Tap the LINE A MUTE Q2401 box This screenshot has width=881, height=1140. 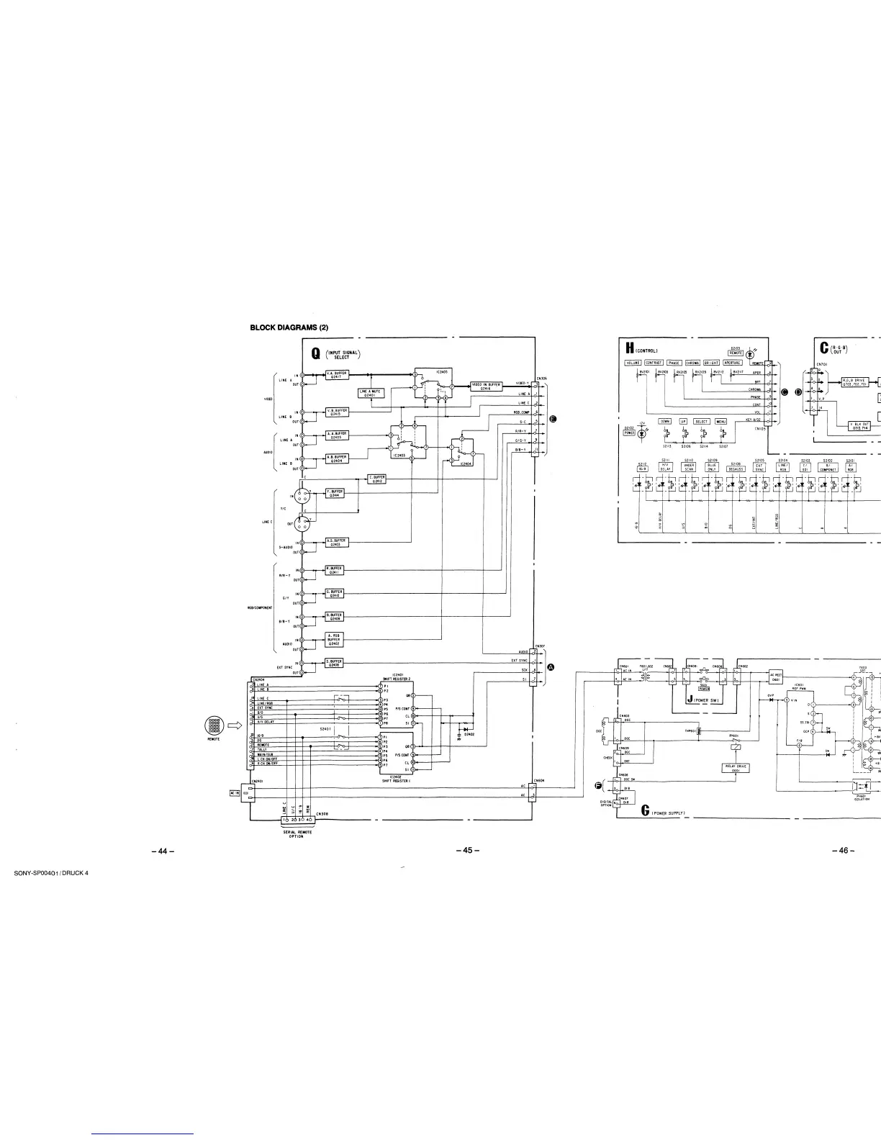371,393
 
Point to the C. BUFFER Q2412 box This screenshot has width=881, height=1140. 377,479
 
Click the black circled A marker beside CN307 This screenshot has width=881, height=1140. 552,667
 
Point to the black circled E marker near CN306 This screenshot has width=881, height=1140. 553,418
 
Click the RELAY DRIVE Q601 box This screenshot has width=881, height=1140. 736,767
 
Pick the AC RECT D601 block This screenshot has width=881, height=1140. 776,677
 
